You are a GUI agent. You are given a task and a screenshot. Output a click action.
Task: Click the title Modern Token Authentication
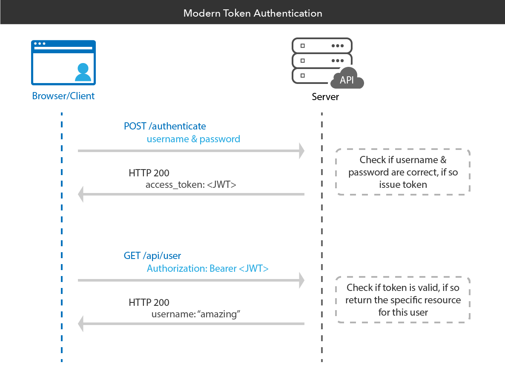[x=253, y=13]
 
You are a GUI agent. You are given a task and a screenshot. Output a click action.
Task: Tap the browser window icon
[x=63, y=63]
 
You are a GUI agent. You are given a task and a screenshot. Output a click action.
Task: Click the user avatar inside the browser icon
[x=83, y=72]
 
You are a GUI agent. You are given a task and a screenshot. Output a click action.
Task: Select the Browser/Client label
[x=63, y=96]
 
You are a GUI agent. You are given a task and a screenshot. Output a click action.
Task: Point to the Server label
[x=325, y=97]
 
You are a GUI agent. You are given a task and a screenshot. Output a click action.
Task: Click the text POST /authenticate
[x=165, y=127]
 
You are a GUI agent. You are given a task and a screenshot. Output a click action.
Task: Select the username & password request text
[x=193, y=139]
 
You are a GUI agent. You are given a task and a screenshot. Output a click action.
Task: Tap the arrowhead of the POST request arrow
[x=301, y=151]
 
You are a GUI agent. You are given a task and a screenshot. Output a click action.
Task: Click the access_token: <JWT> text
[x=191, y=185]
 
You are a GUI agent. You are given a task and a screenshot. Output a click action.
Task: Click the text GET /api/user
[x=152, y=256]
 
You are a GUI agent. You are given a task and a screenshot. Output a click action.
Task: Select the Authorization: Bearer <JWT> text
[x=208, y=269]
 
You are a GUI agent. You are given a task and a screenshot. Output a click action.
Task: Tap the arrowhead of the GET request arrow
[x=301, y=280]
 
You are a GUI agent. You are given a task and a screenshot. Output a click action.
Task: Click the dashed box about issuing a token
[x=403, y=172]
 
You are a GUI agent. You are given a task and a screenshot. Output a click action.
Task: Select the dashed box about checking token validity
[x=403, y=300]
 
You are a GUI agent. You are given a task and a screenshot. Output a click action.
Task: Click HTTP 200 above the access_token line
[x=149, y=173]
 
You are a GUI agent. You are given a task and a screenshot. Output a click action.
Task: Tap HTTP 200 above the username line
[x=149, y=303]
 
